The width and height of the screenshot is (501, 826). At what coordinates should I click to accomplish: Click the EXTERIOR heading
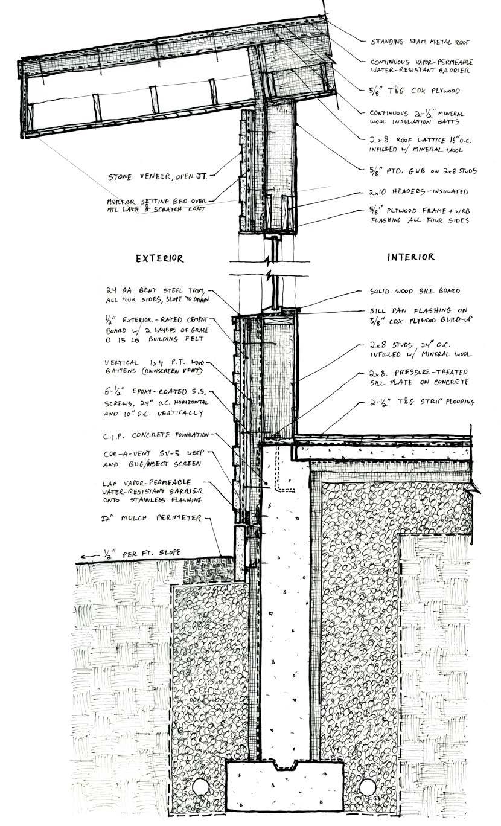pyautogui.click(x=159, y=258)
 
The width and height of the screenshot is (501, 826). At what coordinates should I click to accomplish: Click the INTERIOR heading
pyautogui.click(x=410, y=257)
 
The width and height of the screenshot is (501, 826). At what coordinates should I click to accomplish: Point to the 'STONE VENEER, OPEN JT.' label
pyautogui.click(x=159, y=177)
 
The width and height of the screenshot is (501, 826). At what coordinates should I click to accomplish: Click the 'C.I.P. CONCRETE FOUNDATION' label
pyautogui.click(x=156, y=434)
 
